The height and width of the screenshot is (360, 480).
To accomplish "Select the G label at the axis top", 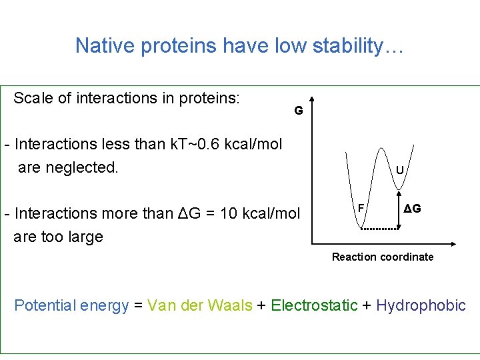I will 299,111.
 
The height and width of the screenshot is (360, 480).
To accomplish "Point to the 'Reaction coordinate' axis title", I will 383,257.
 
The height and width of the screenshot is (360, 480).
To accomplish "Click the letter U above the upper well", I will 399,170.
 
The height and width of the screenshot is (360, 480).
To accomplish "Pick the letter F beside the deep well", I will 360,207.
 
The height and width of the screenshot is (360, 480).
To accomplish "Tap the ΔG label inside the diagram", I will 412,209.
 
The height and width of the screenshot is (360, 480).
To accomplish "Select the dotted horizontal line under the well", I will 379,229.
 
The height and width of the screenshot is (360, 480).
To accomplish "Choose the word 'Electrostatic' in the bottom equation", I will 315,305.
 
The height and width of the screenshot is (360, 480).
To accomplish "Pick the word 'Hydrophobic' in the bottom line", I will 421,305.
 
